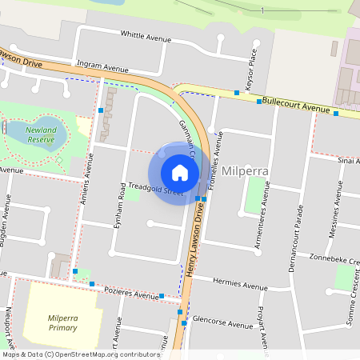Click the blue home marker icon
point(180,173)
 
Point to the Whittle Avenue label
point(146,35)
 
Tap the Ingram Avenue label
point(103,69)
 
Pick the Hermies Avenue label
point(241,285)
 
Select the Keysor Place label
point(252,63)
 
